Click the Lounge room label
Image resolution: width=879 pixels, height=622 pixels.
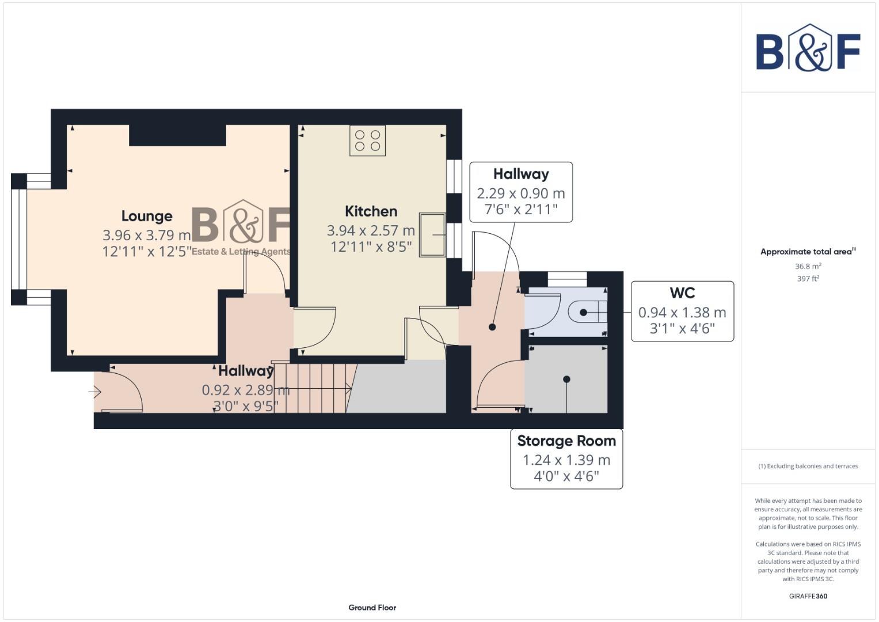147,216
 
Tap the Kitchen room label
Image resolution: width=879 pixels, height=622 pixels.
371,211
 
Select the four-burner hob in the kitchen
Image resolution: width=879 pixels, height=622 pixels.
367,140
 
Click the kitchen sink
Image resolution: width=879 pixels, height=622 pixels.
432,235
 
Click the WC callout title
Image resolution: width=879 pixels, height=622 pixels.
682,293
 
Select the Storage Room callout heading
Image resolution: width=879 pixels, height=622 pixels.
566,441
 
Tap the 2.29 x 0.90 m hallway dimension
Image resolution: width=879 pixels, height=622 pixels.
521,194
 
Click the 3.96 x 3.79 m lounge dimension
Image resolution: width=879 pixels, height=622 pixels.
147,235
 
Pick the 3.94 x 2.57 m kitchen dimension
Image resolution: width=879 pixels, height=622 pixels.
371,230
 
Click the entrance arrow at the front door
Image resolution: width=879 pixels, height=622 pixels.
95,392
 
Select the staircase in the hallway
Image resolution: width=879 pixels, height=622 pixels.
312,388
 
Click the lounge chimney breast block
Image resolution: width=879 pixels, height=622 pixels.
177,135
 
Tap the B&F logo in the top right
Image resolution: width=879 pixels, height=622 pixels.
808,48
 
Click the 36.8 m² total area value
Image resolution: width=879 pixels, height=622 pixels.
808,266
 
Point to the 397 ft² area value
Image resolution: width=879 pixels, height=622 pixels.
808,279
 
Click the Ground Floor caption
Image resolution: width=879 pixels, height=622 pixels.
372,608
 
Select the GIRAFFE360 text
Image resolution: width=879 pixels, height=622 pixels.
808,596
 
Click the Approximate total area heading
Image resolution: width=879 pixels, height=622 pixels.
808,252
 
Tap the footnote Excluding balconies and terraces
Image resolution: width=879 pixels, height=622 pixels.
808,466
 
